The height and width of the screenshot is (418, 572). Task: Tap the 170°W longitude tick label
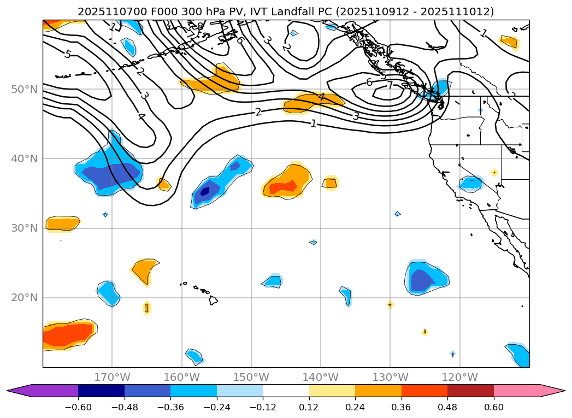112,377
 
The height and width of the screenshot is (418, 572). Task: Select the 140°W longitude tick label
321,377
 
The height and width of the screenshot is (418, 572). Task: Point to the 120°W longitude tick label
459,377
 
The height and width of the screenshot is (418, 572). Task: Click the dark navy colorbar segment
101,390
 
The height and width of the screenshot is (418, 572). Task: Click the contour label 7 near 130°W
390,85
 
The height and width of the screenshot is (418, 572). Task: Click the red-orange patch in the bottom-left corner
67,334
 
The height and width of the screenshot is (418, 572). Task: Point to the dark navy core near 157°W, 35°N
205,191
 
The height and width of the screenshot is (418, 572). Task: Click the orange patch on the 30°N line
62,223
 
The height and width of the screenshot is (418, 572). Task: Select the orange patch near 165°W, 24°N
144,270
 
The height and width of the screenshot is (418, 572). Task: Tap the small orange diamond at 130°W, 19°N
390,304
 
